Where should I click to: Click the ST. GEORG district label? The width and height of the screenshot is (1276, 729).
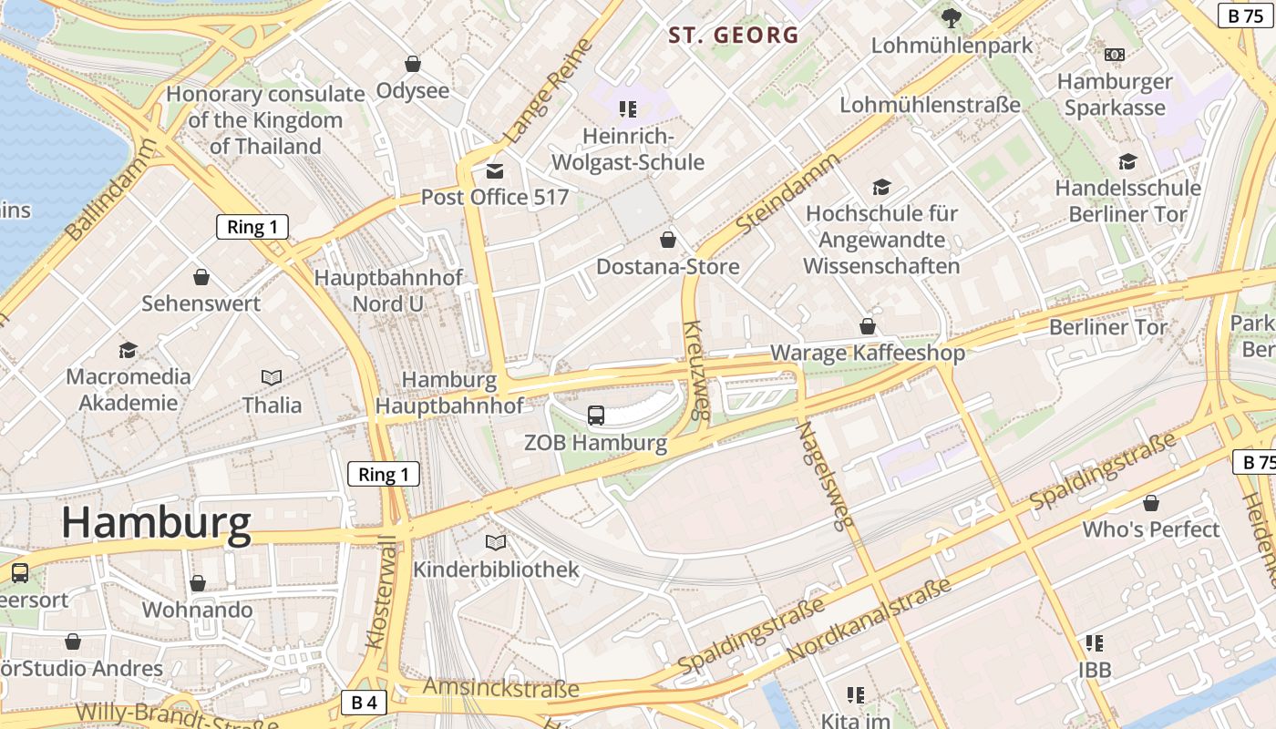(x=733, y=36)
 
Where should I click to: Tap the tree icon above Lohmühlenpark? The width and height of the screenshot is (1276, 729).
(x=951, y=16)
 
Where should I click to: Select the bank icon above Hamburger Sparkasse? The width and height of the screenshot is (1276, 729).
(x=1114, y=55)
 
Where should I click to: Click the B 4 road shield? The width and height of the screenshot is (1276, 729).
(x=364, y=703)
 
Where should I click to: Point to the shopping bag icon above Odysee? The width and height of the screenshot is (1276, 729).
(x=413, y=64)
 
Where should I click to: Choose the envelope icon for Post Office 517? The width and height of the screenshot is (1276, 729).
(x=495, y=170)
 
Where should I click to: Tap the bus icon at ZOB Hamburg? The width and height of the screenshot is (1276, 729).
(x=596, y=416)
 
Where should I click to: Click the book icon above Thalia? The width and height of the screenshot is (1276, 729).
(x=272, y=377)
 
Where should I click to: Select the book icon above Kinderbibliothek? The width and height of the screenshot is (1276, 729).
(x=496, y=543)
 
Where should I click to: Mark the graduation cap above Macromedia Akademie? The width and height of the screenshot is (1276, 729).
(x=128, y=350)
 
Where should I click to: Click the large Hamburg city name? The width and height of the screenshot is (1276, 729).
(x=156, y=523)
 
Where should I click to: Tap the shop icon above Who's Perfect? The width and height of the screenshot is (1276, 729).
(x=1151, y=503)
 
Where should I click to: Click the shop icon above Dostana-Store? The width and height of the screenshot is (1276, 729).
(x=668, y=240)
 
